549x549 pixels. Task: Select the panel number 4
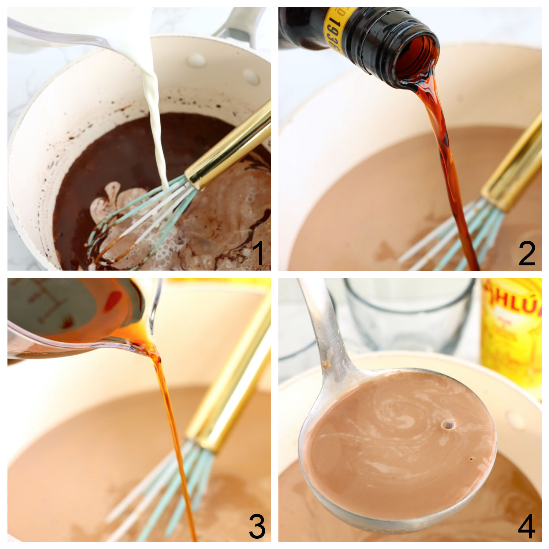click(527, 526)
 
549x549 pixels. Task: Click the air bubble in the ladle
click(448, 425)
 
